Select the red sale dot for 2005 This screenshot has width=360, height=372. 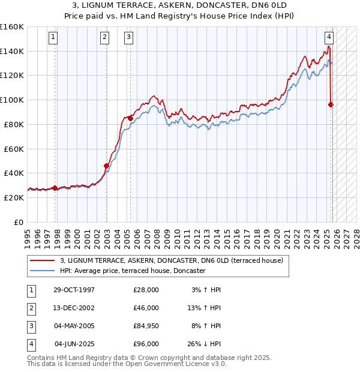130,118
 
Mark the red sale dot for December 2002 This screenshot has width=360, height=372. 106,166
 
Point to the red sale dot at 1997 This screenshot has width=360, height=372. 55,188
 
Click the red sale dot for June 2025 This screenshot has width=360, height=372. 331,104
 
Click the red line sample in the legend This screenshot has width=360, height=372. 43,260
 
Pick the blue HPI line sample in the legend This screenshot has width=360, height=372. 43,271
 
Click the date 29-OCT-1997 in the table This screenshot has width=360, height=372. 74,290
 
